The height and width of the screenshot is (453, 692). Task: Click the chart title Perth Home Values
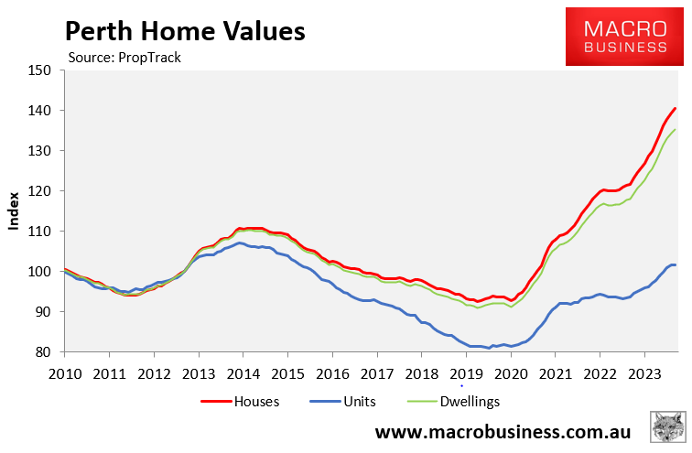183,32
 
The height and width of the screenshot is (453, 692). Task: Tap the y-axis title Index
14,210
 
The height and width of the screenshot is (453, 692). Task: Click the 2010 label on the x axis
64,373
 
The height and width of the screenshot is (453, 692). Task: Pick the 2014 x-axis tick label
243,373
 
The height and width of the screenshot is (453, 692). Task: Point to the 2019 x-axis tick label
466,373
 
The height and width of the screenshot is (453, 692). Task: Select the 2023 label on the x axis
644,373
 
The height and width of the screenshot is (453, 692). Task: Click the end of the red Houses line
676,109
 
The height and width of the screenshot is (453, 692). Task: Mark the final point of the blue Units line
676,264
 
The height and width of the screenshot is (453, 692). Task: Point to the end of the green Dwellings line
676,130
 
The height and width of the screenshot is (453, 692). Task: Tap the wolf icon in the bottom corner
668,429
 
